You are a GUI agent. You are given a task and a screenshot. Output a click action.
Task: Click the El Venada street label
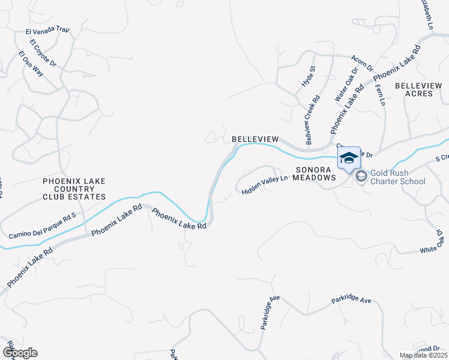click(47, 29)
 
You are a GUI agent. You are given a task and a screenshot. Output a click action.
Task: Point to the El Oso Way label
click(30, 64)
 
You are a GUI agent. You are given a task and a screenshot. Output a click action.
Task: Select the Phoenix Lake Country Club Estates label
click(74, 188)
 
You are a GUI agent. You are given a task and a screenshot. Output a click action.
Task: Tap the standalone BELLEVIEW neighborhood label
click(255, 139)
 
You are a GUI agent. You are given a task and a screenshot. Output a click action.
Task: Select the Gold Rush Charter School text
click(398, 178)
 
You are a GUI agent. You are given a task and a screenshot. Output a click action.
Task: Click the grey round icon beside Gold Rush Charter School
click(361, 176)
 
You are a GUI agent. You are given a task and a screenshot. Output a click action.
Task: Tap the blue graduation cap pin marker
click(349, 158)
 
